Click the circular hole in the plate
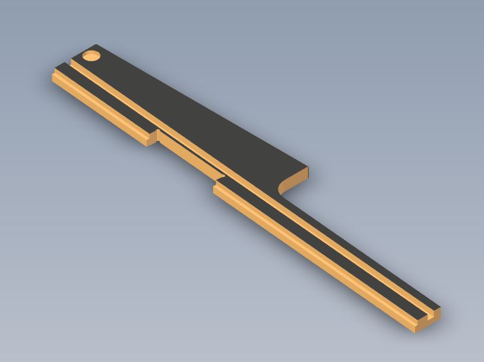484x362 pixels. click(x=91, y=56)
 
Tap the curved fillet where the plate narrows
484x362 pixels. click(x=282, y=185)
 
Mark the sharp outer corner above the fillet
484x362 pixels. click(x=308, y=168)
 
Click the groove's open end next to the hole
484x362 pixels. click(x=71, y=63)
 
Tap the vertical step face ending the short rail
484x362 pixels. click(x=152, y=138)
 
